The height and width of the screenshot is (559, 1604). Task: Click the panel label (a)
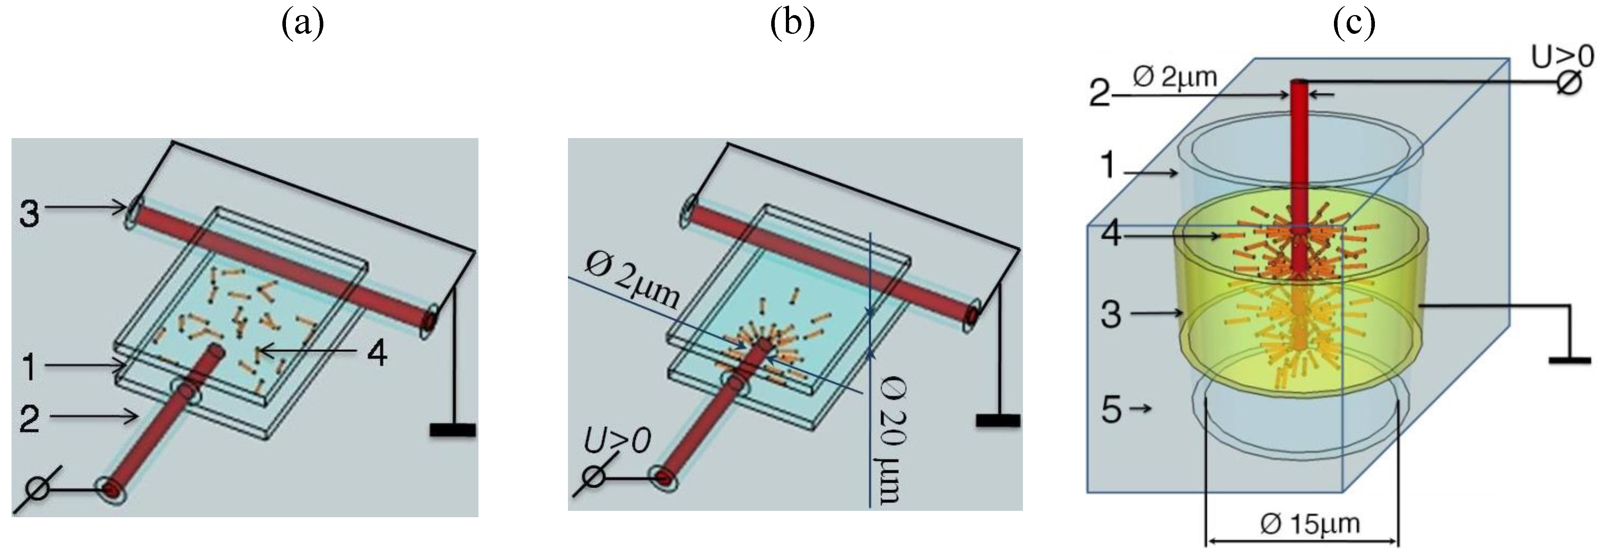click(x=303, y=25)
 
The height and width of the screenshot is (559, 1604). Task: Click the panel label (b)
click(x=792, y=25)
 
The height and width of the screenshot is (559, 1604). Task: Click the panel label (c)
click(x=1354, y=25)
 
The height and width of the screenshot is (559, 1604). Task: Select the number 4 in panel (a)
click(x=377, y=353)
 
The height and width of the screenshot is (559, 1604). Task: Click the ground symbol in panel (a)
click(x=453, y=429)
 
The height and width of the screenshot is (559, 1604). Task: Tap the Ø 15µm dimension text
click(x=1309, y=524)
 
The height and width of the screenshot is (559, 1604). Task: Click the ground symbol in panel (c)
click(x=1569, y=360)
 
